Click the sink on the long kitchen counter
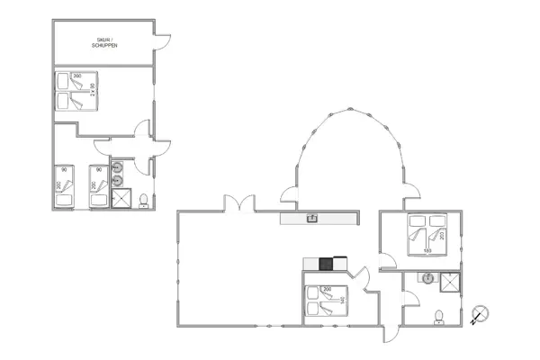312,218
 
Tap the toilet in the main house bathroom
438,316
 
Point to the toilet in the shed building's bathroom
143,199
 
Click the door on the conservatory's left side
289,193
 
